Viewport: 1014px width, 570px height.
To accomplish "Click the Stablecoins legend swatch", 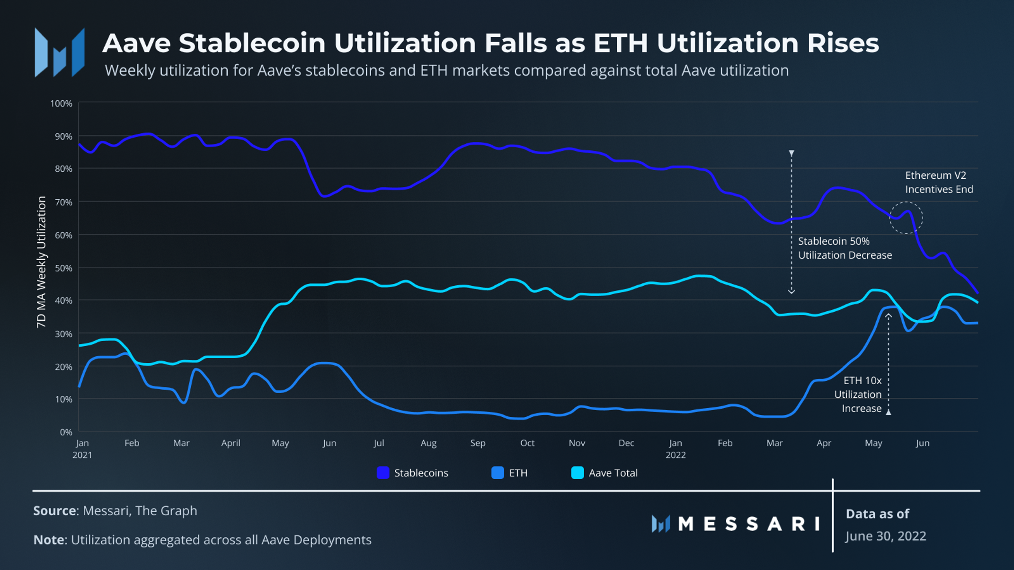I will [383, 473].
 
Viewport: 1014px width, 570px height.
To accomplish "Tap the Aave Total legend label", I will [613, 473].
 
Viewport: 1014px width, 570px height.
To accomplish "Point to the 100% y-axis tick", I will [61, 103].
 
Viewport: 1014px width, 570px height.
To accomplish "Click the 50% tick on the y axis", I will [63, 268].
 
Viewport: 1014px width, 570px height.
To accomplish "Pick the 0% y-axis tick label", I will [66, 432].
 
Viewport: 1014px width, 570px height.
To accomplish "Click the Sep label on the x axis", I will [478, 443].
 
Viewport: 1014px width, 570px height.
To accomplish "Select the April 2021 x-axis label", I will [231, 443].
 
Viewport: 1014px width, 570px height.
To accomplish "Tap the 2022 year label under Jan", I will [676, 455].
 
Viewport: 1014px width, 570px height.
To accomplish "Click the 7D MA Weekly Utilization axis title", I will [42, 262].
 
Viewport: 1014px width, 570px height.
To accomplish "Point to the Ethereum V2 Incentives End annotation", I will [939, 182].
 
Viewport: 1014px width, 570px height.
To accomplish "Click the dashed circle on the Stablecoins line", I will [906, 218].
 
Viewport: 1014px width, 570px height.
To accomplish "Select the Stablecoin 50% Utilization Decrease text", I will [845, 248].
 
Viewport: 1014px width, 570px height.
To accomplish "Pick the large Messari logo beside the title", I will [60, 53].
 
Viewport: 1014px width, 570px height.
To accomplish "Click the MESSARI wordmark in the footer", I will [748, 524].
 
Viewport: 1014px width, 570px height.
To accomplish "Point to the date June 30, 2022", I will [886, 536].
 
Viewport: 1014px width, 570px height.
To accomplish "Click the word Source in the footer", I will [54, 511].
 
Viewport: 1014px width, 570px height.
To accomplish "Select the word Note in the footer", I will [49, 540].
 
